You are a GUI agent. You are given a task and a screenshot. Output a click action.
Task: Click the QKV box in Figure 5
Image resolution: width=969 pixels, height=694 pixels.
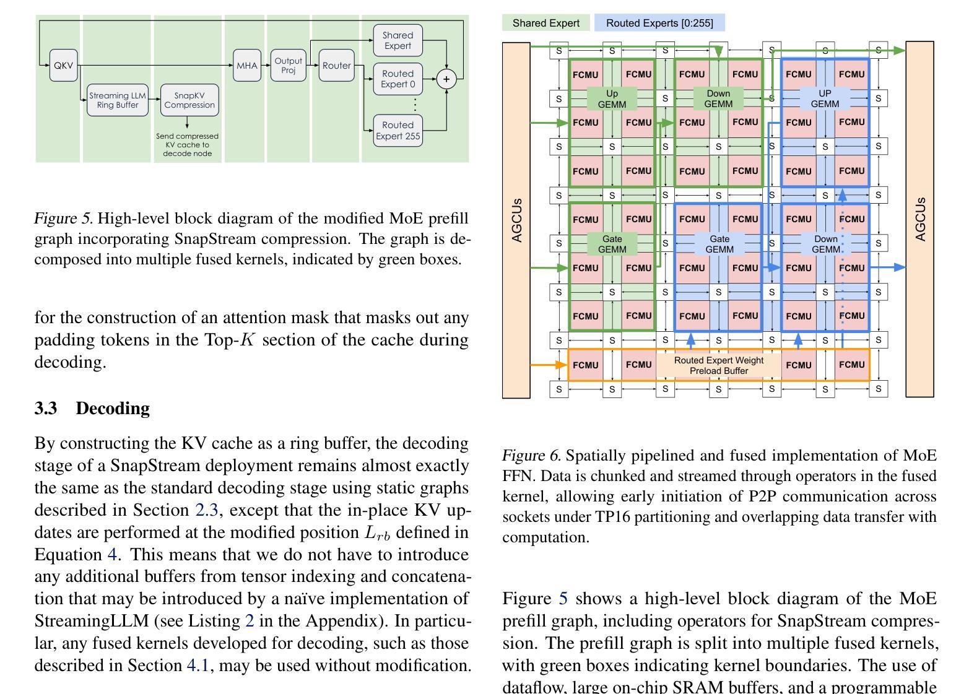[63, 66]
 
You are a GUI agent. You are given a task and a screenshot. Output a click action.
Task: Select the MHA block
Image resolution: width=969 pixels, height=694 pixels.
[246, 66]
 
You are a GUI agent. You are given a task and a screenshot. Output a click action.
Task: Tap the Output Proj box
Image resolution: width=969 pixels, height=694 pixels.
[289, 66]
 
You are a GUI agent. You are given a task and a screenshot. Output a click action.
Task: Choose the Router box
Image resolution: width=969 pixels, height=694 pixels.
[336, 66]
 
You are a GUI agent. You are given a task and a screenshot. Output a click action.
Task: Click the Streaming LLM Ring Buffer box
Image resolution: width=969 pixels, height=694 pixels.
[118, 100]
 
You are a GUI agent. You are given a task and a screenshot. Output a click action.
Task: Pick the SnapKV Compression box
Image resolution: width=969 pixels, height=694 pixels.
[189, 100]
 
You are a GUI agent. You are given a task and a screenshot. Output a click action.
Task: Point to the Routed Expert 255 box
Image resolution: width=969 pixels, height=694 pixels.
[398, 131]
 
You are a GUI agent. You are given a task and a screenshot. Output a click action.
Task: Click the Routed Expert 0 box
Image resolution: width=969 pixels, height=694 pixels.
[398, 79]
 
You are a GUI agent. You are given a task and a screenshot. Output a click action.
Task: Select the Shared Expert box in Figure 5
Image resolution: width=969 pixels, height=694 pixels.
[398, 41]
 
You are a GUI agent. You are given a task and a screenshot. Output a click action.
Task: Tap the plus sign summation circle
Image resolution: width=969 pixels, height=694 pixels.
[446, 79]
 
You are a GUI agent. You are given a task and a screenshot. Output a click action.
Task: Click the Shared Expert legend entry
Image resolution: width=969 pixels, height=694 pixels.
[546, 23]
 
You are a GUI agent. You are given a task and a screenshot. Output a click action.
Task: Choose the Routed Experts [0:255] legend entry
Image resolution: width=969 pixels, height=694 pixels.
[659, 23]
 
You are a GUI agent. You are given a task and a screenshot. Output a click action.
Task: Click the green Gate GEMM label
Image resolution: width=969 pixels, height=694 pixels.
[612, 244]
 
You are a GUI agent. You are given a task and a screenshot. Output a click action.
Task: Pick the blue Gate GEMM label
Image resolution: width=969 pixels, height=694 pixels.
[719, 244]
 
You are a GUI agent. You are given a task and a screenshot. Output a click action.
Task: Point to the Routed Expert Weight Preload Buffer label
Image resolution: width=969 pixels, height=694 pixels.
[719, 365]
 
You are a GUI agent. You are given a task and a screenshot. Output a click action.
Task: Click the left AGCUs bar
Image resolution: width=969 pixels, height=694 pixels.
[516, 220]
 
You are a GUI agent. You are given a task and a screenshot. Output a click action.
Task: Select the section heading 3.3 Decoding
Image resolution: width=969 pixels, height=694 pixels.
[92, 409]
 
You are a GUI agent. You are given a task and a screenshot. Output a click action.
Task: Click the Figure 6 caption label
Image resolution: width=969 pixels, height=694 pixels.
[531, 456]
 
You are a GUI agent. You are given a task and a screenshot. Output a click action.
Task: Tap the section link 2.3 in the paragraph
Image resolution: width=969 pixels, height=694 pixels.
[204, 510]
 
